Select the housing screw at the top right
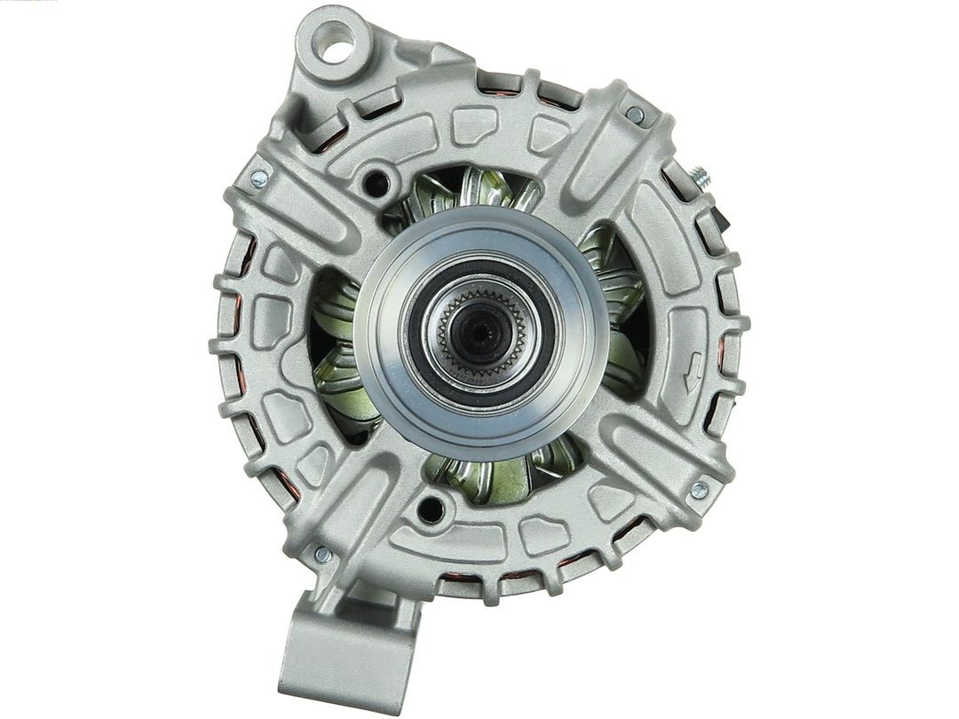point(635,115)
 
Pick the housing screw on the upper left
point(259,178)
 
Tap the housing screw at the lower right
point(699,489)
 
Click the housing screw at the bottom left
point(322,555)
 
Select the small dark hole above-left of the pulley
point(376,184)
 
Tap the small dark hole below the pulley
point(431,510)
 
